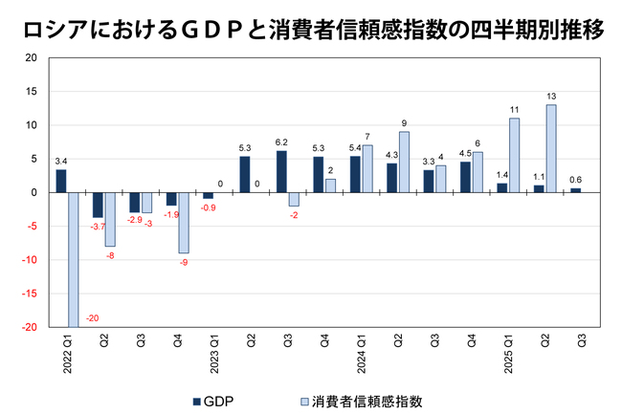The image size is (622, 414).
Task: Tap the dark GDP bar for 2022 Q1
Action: coord(61,181)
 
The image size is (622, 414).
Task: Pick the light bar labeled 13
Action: coord(550,148)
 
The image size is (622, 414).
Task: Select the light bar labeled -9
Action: coord(183,223)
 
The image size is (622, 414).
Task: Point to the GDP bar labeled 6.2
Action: coord(281,171)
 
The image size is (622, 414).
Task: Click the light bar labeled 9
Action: coord(403,162)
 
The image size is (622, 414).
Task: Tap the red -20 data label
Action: coord(93,318)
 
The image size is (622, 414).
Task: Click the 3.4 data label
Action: coord(61,162)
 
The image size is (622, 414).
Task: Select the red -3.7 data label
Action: coord(98,227)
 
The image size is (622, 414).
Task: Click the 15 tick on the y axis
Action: coord(32,92)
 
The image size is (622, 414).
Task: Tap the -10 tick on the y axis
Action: coord(30,260)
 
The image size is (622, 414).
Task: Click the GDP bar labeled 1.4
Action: coord(502,187)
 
